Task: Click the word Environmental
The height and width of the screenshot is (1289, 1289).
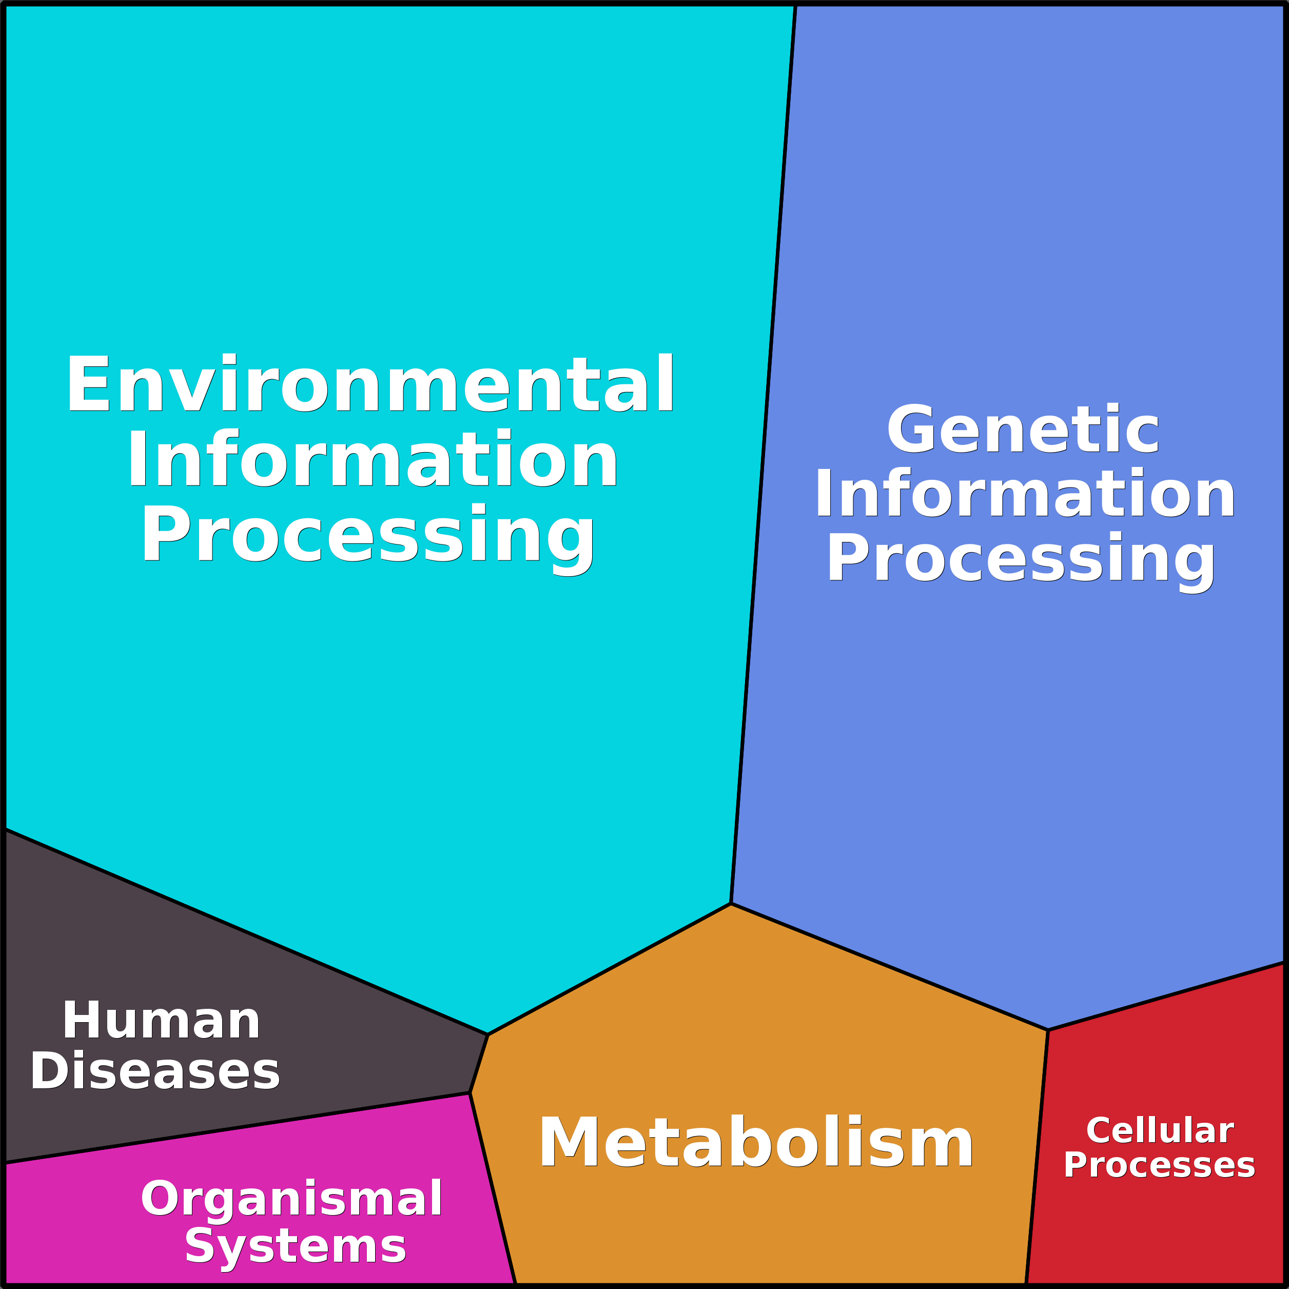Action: pos(371,385)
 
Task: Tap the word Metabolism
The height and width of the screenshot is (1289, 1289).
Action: pos(756,1143)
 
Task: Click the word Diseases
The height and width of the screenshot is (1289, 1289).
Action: pos(155,1071)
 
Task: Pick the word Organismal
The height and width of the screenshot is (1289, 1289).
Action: pos(291,1198)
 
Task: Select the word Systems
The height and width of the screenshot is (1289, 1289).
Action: pos(296,1246)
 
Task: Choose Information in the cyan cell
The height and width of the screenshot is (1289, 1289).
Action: pos(373,460)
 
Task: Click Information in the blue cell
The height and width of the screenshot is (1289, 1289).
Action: pos(1025,494)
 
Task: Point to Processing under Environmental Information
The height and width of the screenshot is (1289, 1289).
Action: pos(367,535)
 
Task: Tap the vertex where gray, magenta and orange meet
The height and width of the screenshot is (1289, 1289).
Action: pos(470,1093)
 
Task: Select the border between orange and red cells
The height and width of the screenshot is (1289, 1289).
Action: pos(1038,1154)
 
